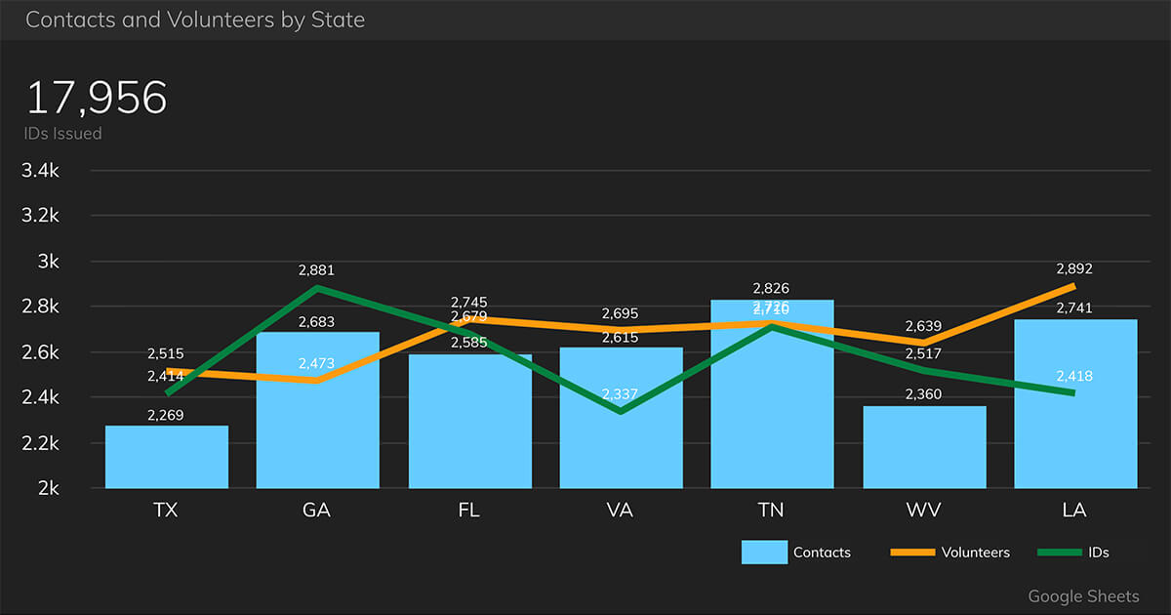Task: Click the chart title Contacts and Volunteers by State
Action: (x=195, y=20)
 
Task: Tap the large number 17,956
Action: (x=97, y=99)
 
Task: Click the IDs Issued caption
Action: (x=63, y=134)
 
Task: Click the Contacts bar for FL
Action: (x=470, y=430)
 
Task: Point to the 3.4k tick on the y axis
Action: (x=40, y=171)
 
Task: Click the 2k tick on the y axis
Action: (x=47, y=488)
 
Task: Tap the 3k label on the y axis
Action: (x=47, y=262)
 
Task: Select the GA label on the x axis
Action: (x=317, y=511)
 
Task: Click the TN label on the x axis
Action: (x=771, y=511)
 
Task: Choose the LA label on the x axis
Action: (x=1074, y=511)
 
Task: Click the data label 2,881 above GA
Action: (x=316, y=270)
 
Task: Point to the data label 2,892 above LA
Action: (x=1073, y=269)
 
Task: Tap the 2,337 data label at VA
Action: (x=620, y=394)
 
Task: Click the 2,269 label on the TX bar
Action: (x=166, y=416)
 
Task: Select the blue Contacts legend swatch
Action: (x=764, y=553)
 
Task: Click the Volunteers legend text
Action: (x=975, y=553)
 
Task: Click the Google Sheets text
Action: (x=1083, y=595)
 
